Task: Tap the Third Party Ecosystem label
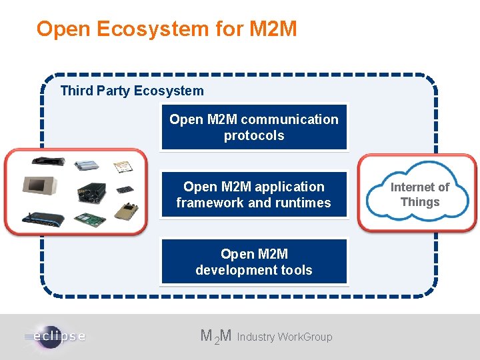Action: coord(132,91)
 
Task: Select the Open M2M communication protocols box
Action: coord(254,127)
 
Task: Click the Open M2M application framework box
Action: coord(254,194)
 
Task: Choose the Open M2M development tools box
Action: coord(254,261)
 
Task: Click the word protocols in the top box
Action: coord(254,135)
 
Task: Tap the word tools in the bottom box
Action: coord(296,270)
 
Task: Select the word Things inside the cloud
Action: coord(420,202)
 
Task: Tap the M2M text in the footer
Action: coord(216,337)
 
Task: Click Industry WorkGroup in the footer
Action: coord(285,337)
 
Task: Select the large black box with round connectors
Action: coord(90,190)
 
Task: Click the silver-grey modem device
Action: coord(87,164)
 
